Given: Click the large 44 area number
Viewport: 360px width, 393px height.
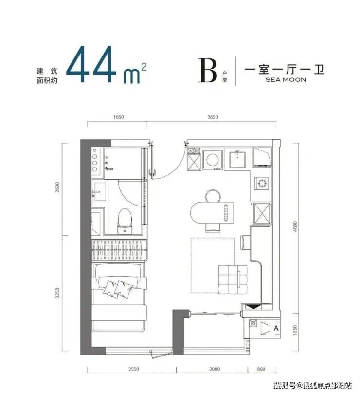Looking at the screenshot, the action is (91, 65).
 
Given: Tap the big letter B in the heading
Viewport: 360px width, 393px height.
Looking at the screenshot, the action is (207, 70).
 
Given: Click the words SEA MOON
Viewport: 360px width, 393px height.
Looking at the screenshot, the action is (286, 80).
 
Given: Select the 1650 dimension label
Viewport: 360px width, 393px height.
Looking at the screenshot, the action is (118, 117).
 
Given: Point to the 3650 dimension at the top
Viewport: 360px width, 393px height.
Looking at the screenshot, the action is (213, 117).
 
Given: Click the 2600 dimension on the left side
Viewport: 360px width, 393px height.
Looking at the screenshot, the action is (58, 187).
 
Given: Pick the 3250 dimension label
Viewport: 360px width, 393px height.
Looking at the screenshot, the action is (58, 293).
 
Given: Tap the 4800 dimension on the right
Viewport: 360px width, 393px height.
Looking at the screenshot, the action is (295, 226).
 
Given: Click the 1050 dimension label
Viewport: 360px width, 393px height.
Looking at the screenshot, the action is (295, 330).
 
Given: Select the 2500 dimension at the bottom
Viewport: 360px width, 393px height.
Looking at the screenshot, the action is (133, 369).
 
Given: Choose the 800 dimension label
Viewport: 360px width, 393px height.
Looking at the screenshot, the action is (261, 369).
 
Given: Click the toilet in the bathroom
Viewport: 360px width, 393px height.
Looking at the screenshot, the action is (125, 221).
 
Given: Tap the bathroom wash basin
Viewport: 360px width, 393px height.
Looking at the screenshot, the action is (99, 192).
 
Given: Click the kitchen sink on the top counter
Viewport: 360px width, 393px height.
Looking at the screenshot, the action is (237, 159).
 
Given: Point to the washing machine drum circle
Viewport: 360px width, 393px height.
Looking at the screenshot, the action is (212, 160).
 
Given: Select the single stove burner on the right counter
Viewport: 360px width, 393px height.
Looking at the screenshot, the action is (262, 183).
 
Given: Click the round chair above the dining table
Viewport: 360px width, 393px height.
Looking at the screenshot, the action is (213, 196).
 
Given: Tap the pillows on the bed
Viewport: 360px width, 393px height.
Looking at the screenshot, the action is (118, 289).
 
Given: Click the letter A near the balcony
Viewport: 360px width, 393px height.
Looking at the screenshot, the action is (276, 328).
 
